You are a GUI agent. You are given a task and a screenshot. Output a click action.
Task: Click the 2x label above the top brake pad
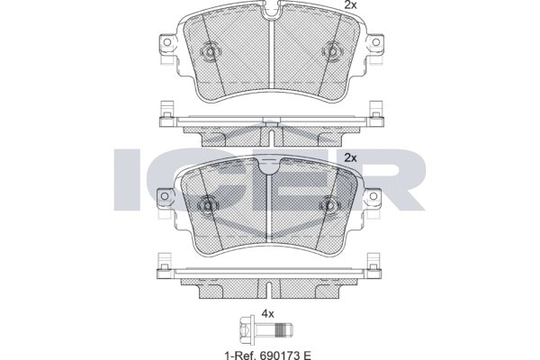pyautogui.click(x=350, y=5)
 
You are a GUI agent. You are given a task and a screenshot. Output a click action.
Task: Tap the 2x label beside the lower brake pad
pyautogui.click(x=351, y=157)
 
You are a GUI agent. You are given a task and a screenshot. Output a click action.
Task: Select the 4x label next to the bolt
pyautogui.click(x=266, y=314)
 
